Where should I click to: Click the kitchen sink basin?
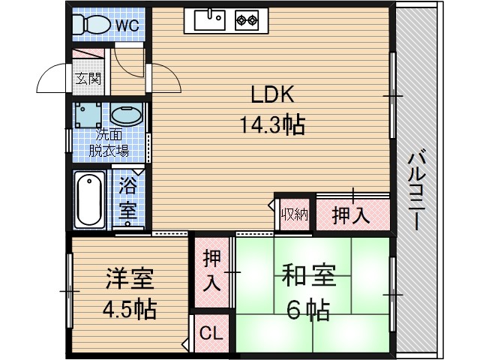pyautogui.click(x=209, y=21)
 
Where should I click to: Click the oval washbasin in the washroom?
pyautogui.click(x=125, y=116)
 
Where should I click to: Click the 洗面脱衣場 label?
pyautogui.click(x=109, y=143)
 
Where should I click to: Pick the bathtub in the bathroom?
pyautogui.click(x=90, y=199)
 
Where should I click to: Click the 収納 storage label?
pyautogui.click(x=294, y=214)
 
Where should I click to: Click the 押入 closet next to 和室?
pyautogui.click(x=211, y=271)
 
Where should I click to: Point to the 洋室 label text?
pyautogui.click(x=128, y=280)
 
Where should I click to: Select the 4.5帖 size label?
pyautogui.click(x=128, y=308)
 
